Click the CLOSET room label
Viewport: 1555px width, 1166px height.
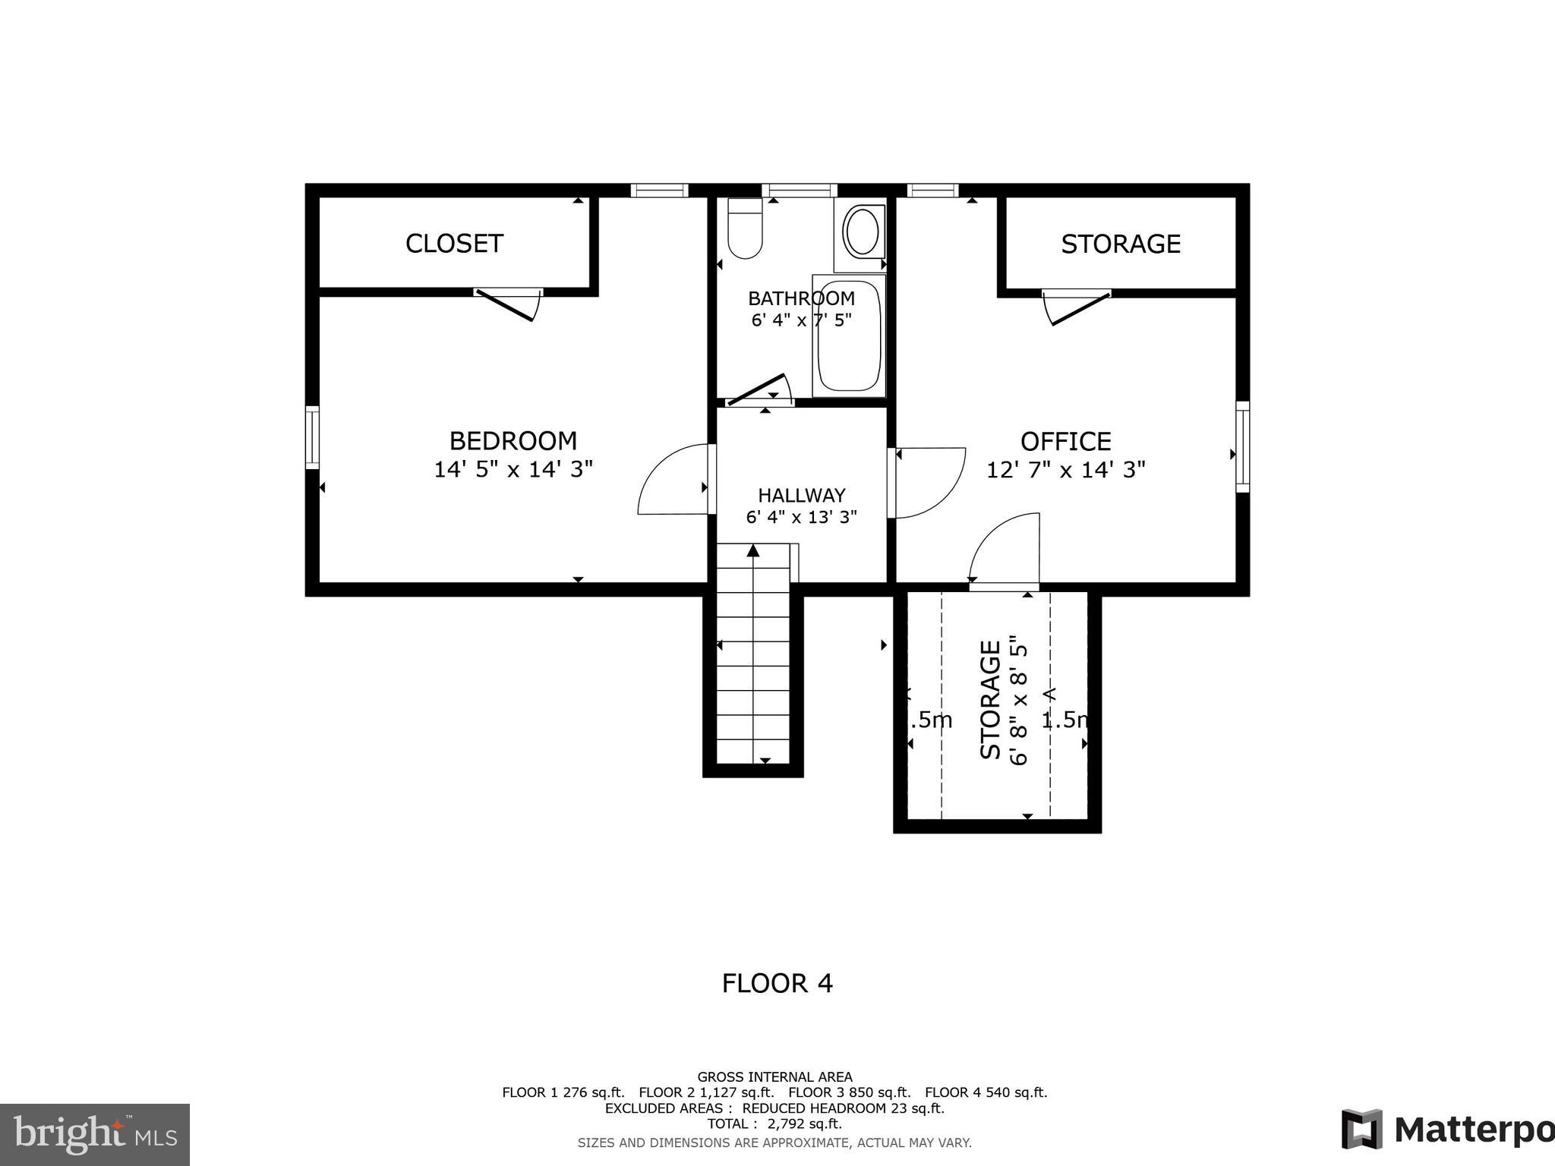454,244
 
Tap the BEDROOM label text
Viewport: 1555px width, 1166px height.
513,441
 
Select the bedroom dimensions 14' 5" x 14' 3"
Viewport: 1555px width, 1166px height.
513,469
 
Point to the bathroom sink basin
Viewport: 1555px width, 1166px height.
863,231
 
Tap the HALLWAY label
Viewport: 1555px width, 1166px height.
801,496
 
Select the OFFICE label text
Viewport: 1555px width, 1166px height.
1065,442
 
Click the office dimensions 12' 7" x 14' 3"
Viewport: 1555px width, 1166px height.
1065,470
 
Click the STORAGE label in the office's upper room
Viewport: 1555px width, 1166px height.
1120,244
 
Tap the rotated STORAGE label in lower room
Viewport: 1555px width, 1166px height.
990,700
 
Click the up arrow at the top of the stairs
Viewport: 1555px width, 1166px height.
753,551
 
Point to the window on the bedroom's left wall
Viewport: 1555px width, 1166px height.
312,436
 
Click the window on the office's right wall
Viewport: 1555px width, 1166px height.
1242,446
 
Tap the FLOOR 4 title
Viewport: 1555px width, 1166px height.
777,984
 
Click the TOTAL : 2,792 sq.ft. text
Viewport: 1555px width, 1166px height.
774,1124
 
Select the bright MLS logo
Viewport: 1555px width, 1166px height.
95,1135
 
